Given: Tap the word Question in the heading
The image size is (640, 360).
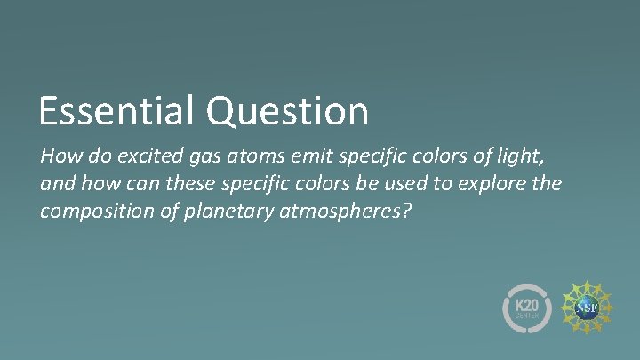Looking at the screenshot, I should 287,112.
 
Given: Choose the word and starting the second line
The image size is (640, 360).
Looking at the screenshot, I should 55,185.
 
